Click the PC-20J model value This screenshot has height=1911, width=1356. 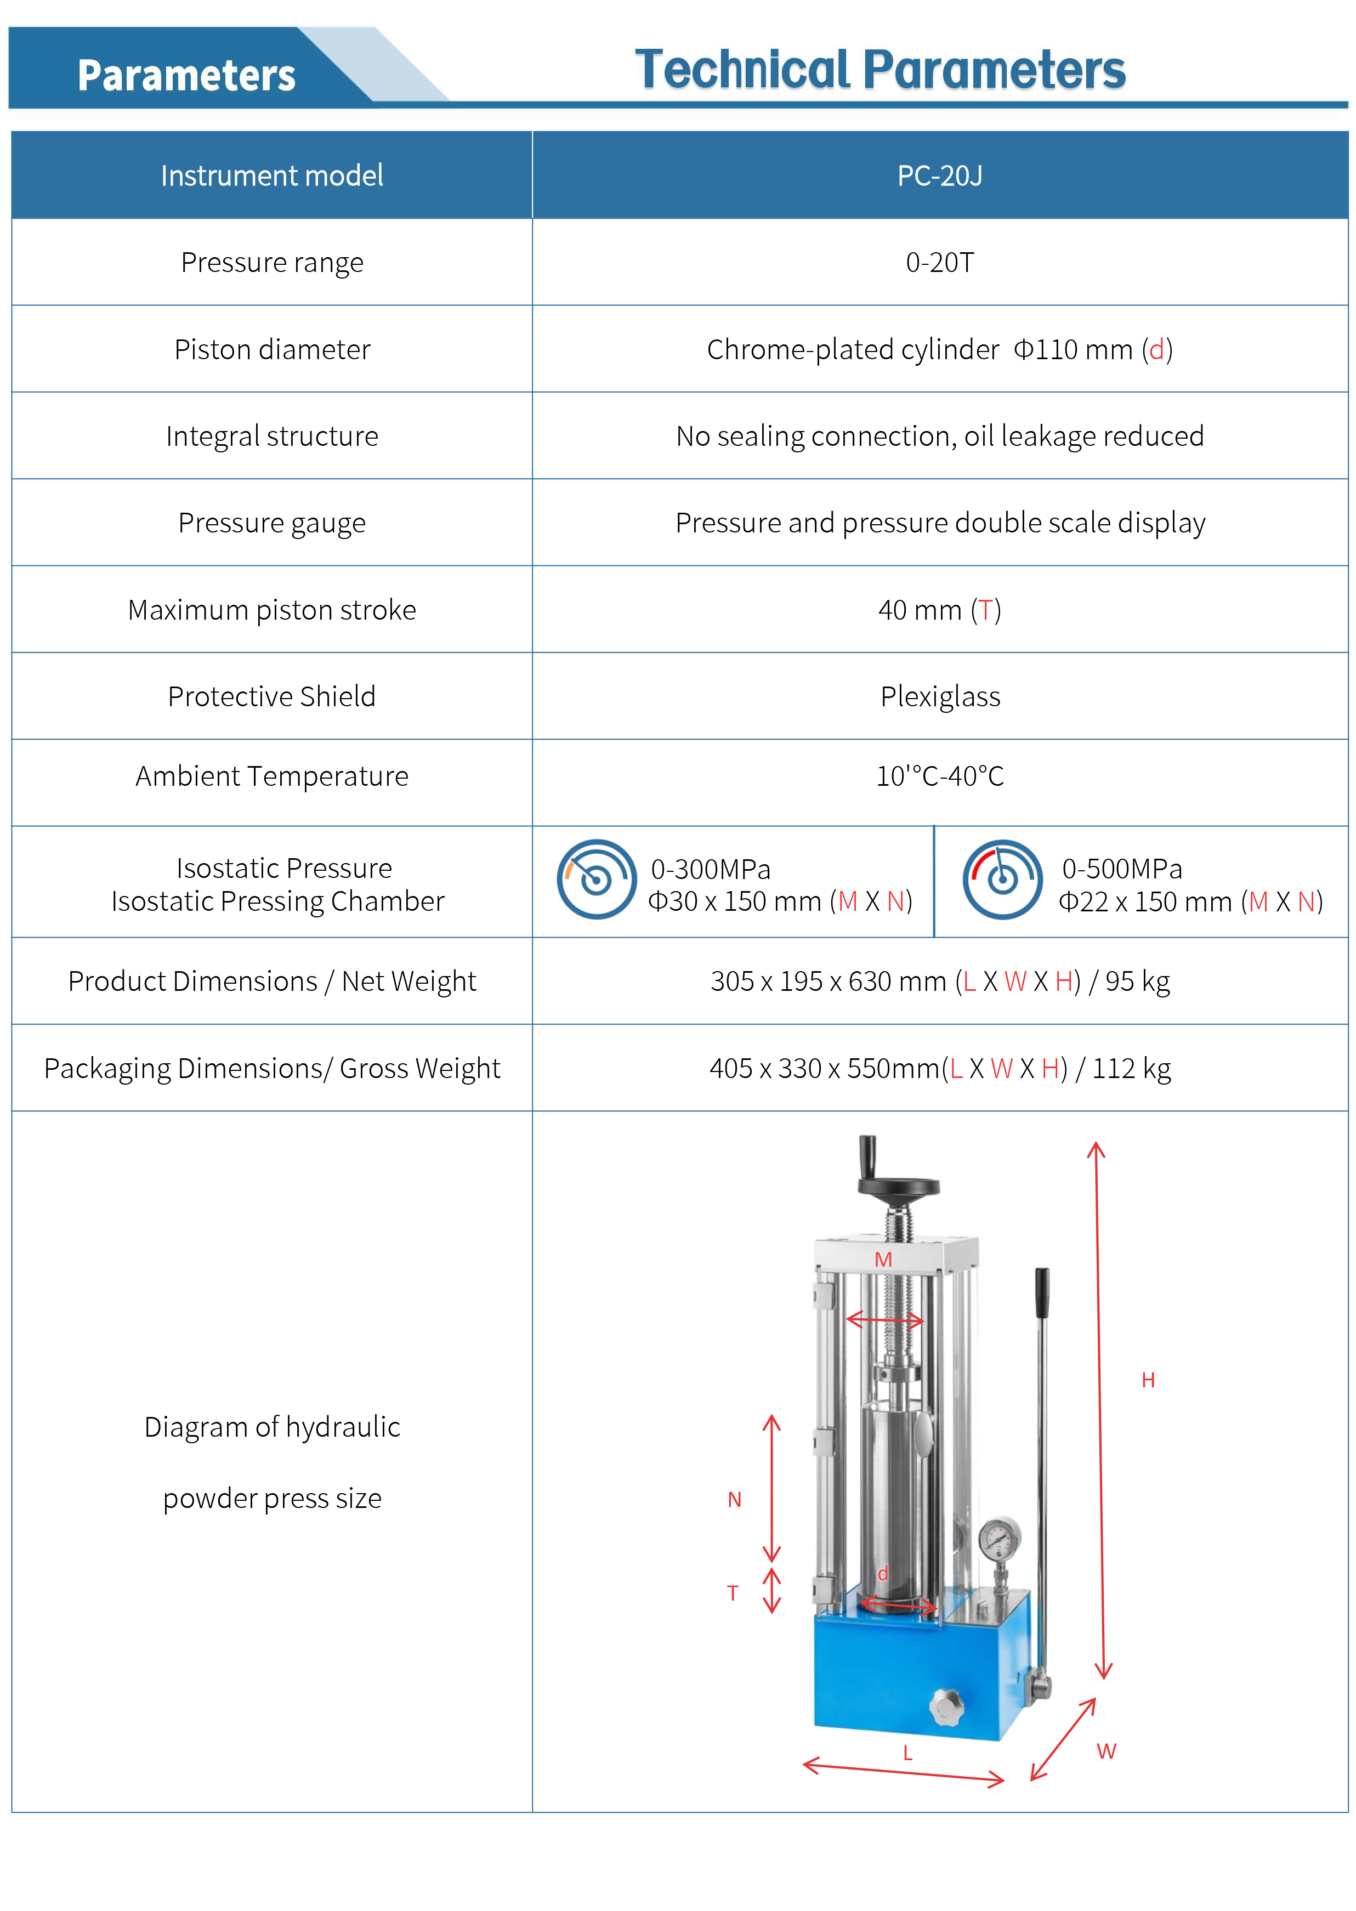(939, 176)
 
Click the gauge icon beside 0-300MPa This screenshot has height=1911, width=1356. (596, 879)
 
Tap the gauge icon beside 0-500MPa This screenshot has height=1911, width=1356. (1002, 879)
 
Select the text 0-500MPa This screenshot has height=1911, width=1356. (1121, 869)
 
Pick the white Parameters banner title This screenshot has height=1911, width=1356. (186, 75)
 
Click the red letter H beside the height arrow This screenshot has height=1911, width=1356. (1148, 1380)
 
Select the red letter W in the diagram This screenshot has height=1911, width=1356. (1107, 1751)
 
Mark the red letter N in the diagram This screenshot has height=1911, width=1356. (735, 1499)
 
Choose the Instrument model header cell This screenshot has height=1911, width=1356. (272, 176)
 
